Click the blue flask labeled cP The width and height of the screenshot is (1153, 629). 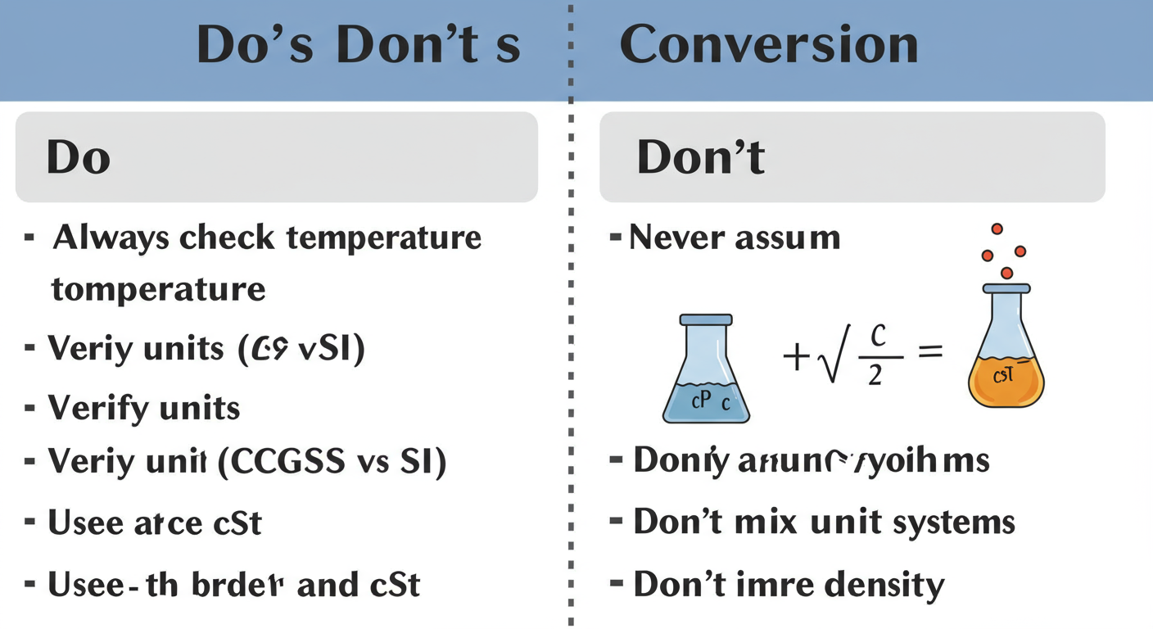click(x=705, y=371)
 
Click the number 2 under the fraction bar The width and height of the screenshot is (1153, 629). click(x=875, y=376)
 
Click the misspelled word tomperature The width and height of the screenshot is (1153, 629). click(x=158, y=289)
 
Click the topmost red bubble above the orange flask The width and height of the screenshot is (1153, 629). click(x=997, y=229)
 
